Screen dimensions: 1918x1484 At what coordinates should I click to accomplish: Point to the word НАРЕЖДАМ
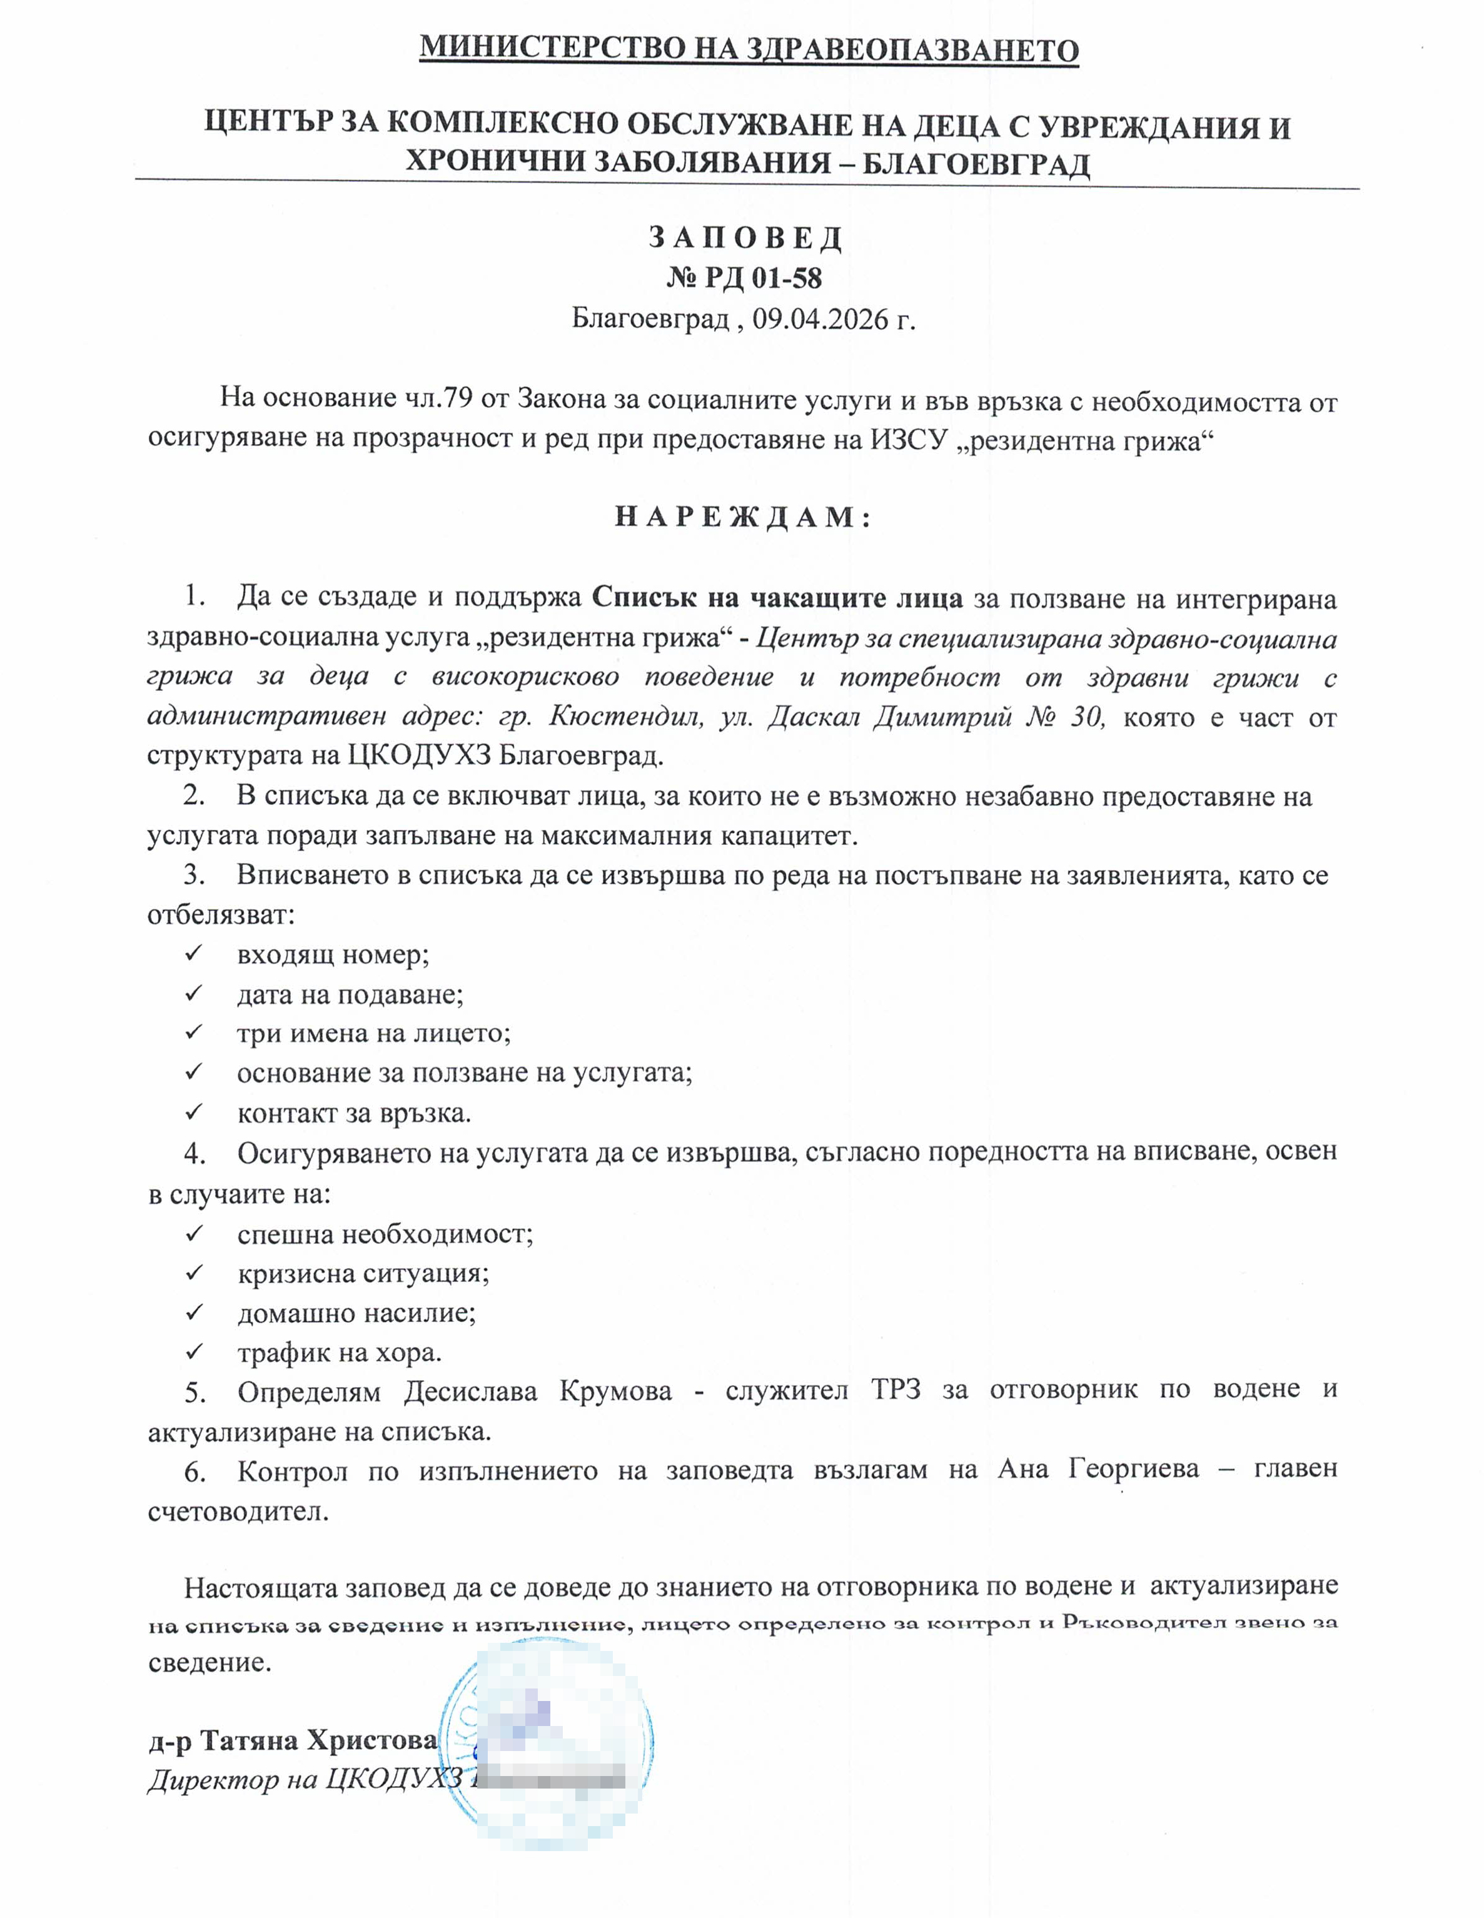743,517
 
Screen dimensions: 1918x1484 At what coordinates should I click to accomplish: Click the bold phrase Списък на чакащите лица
777,598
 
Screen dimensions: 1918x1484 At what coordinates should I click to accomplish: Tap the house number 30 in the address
1086,717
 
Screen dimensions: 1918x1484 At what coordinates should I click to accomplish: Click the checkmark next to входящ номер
193,953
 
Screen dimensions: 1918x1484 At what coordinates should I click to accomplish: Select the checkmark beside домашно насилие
193,1312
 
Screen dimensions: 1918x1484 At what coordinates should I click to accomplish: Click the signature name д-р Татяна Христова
293,1740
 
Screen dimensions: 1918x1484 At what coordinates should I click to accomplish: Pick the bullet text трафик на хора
339,1353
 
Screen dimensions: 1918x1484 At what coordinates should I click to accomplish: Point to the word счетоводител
238,1512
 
